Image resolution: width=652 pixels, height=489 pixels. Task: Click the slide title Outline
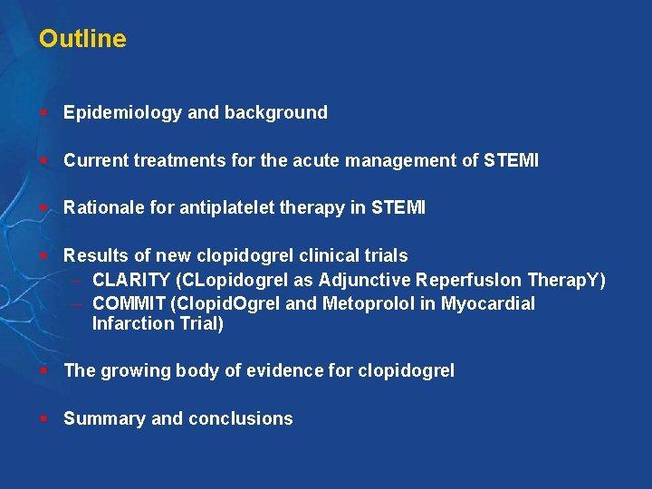(82, 39)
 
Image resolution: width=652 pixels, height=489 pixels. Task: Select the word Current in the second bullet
(95, 161)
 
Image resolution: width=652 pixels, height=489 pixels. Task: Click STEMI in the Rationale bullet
(398, 208)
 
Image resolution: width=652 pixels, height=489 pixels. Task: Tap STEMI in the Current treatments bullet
(511, 161)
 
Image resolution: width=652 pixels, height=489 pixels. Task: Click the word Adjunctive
(365, 280)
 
